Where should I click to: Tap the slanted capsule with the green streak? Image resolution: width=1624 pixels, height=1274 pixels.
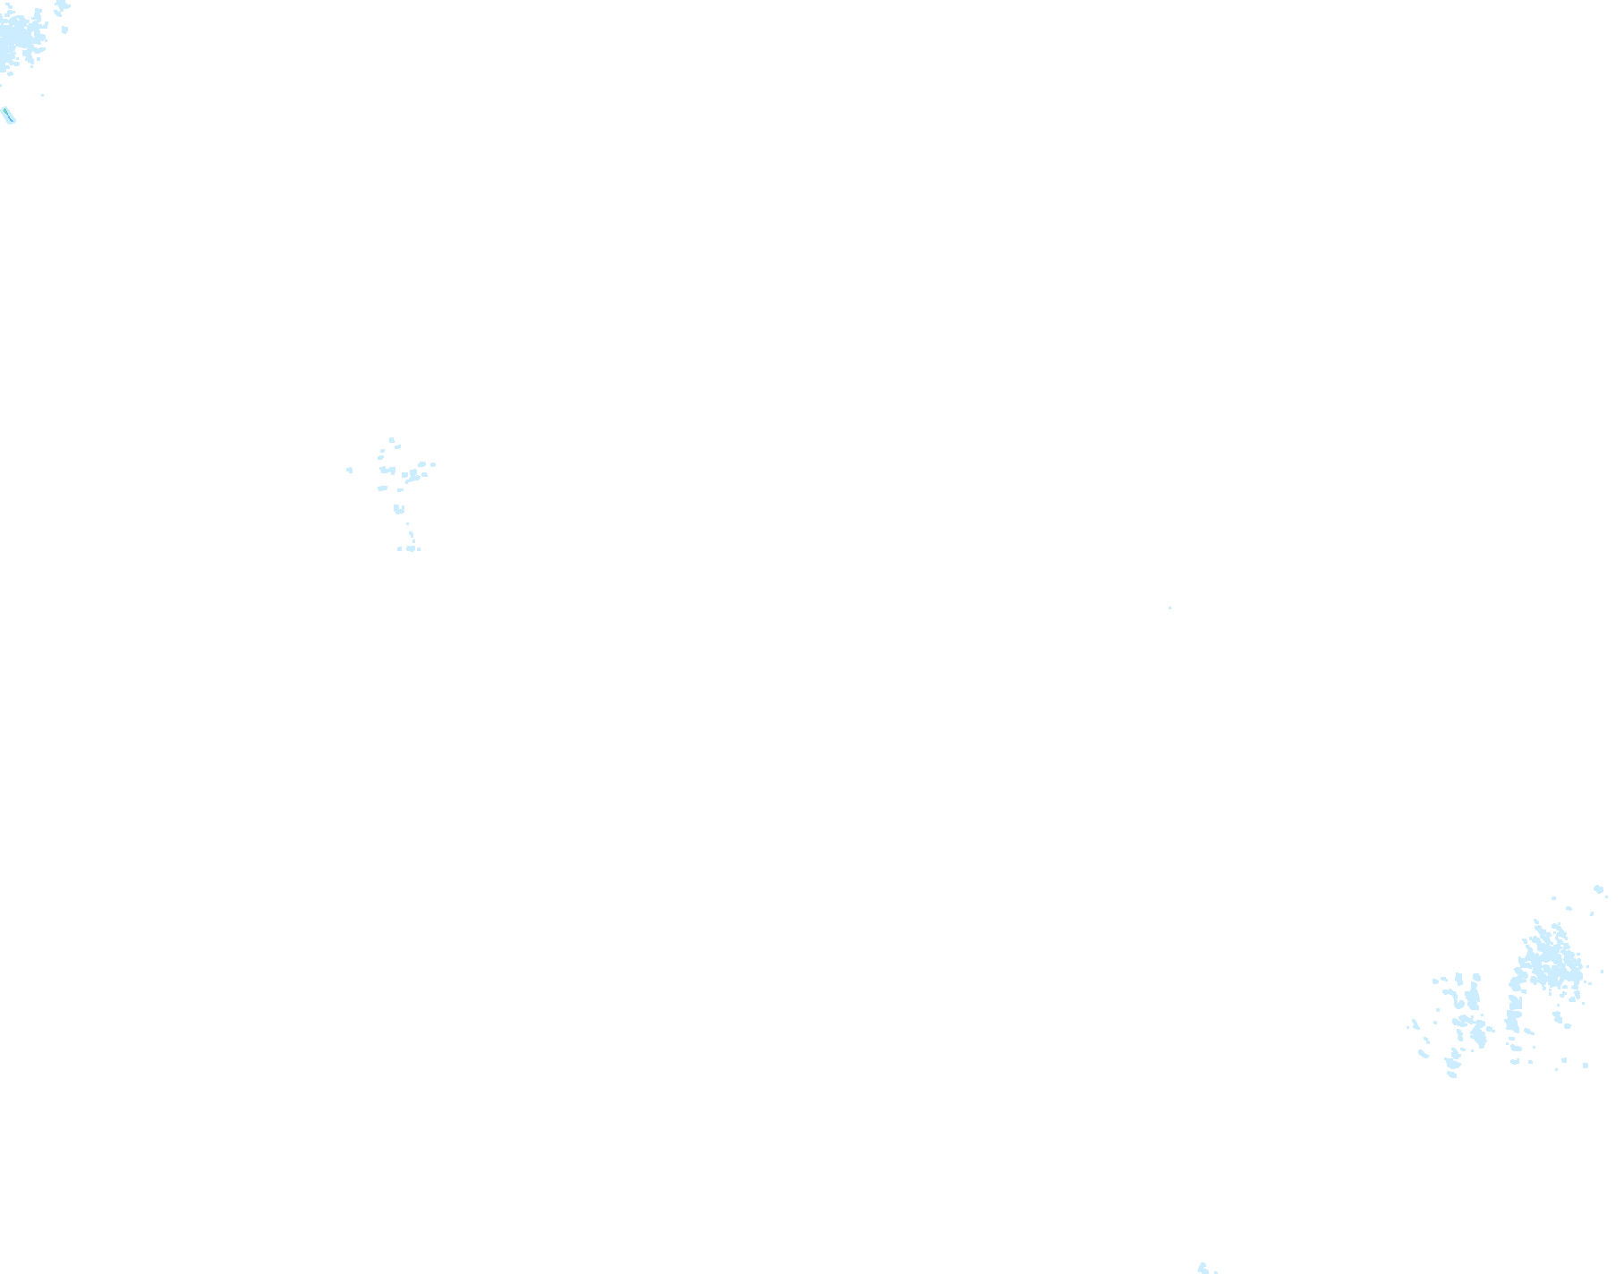(9, 115)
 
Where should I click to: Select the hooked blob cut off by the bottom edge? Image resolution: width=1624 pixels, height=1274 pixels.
(1203, 1268)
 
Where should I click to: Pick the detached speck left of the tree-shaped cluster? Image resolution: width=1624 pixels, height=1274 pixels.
(350, 470)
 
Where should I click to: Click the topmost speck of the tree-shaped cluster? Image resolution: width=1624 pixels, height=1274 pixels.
(391, 439)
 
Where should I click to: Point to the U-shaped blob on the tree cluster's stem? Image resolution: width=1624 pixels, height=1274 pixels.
(398, 509)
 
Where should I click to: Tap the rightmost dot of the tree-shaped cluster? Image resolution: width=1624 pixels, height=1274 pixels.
(434, 464)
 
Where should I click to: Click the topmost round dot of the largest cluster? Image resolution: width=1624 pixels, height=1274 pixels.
(1598, 889)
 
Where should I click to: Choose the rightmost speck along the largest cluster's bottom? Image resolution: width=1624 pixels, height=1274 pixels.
(1586, 1065)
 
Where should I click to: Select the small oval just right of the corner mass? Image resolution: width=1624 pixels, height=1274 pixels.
(65, 30)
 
